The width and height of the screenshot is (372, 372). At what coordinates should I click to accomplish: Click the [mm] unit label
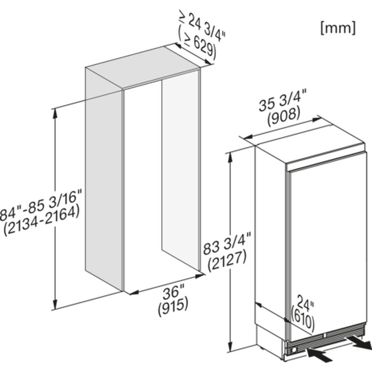click(338, 28)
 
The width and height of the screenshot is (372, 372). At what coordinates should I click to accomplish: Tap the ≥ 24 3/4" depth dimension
click(203, 25)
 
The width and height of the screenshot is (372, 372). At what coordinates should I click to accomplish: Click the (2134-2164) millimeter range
click(42, 221)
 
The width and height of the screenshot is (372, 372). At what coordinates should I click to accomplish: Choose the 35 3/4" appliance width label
click(283, 100)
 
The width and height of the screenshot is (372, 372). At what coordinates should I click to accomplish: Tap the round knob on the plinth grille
click(294, 349)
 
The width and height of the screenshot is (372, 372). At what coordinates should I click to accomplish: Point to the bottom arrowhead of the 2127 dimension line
click(230, 347)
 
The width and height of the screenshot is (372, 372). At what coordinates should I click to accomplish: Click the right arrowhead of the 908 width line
click(315, 119)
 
